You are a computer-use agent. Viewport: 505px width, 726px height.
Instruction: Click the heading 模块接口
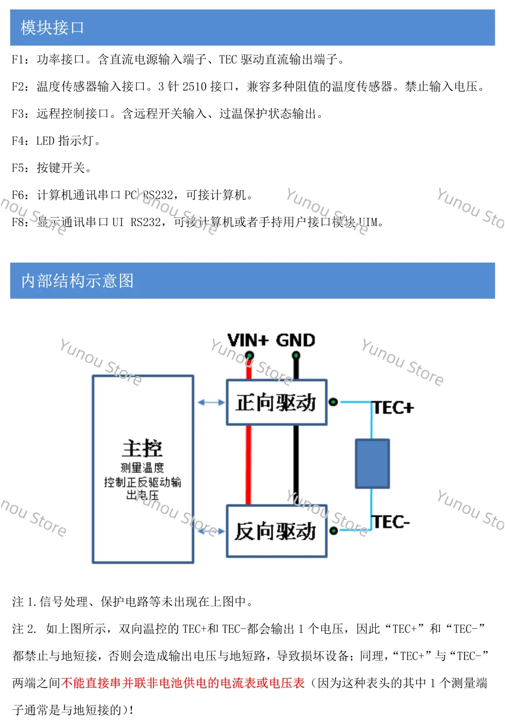(52, 27)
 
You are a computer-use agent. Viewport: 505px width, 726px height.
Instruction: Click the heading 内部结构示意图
(77, 280)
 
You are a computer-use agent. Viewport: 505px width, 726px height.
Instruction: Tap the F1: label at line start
(20, 60)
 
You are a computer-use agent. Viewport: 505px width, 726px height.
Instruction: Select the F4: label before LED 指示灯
(20, 141)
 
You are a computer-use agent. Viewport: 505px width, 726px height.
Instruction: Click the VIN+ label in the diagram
(247, 340)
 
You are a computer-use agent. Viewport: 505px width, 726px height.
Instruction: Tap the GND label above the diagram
(295, 340)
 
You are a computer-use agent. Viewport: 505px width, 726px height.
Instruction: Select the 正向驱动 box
(276, 403)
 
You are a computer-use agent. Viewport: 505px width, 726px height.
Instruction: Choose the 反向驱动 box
(276, 531)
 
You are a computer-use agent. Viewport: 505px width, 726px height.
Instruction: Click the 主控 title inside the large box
(142, 448)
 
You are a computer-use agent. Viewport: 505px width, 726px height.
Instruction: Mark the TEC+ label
(394, 408)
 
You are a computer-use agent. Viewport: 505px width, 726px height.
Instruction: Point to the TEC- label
(391, 522)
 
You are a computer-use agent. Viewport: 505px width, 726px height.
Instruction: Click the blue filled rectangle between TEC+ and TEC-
(372, 463)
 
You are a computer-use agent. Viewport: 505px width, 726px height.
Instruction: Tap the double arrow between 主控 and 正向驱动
(211, 402)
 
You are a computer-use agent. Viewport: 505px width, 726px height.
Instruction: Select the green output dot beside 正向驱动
(333, 401)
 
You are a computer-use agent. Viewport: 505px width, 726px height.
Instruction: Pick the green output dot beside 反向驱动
(334, 531)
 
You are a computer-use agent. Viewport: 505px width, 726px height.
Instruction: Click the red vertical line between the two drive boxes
(248, 465)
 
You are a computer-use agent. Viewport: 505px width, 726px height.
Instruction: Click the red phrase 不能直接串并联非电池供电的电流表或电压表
(183, 683)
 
